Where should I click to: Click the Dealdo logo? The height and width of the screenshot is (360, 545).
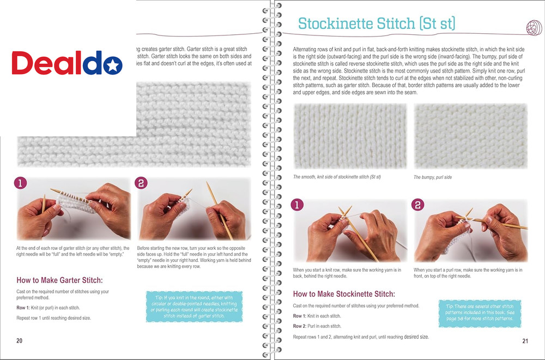(x=68, y=64)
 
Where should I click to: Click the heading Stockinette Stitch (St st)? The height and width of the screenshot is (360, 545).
(x=377, y=23)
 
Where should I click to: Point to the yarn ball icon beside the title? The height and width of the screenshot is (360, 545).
(x=532, y=26)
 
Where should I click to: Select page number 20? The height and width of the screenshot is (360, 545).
(x=20, y=341)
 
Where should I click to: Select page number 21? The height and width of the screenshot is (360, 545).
(x=525, y=341)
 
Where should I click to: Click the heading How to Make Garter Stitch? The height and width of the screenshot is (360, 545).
(x=59, y=281)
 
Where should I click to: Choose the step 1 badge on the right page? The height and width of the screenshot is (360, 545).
(x=297, y=205)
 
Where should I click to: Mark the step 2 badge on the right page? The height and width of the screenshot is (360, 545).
(x=418, y=205)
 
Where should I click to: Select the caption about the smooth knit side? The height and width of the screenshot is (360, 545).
(x=337, y=177)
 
